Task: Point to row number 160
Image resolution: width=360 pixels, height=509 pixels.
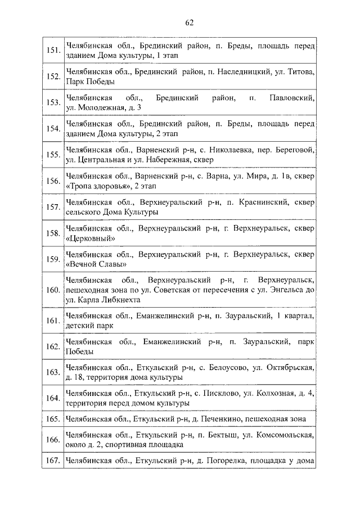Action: (x=53, y=290)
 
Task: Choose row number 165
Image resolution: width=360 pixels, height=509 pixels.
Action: (x=53, y=419)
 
